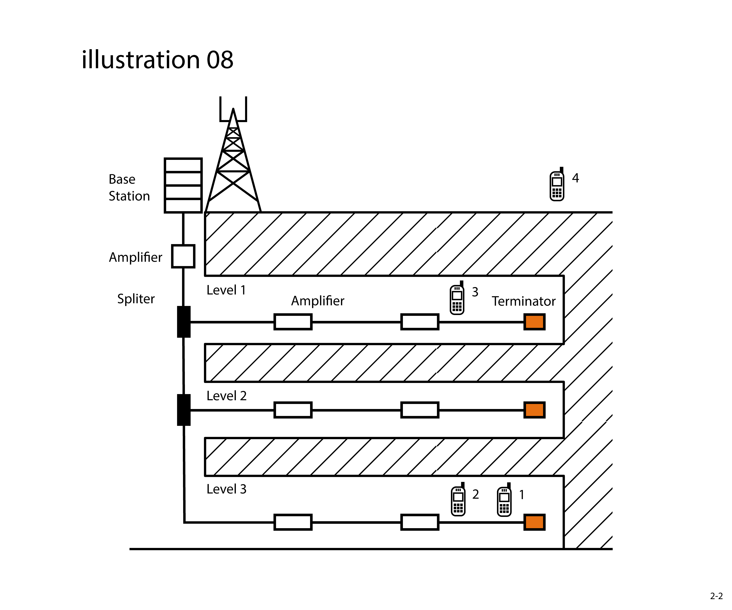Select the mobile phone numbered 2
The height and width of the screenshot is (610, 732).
(x=458, y=501)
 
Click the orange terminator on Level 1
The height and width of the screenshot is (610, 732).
(x=534, y=322)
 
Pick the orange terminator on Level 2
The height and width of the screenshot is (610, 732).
(x=534, y=410)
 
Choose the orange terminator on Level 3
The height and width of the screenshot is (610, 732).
(x=534, y=522)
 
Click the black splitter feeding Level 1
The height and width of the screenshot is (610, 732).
(x=184, y=322)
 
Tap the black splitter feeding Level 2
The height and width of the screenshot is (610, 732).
(x=184, y=410)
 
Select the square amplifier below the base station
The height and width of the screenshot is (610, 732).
(x=183, y=256)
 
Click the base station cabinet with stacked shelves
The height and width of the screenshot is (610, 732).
(x=183, y=185)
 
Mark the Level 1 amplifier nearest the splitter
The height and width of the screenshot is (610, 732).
(x=293, y=322)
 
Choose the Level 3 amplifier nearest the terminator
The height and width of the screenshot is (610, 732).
(x=420, y=522)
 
